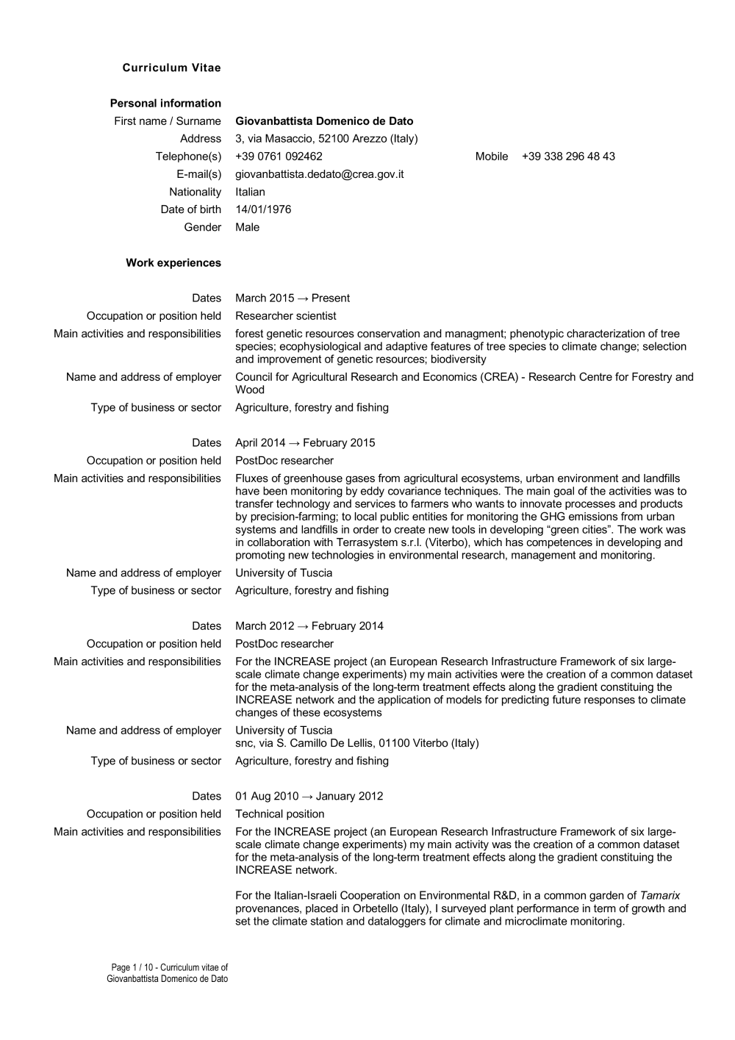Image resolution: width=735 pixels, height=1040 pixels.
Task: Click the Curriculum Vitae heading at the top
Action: tap(171, 68)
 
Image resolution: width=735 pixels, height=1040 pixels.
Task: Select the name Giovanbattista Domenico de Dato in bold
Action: tap(324, 121)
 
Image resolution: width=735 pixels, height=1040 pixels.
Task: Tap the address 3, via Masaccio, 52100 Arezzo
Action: tap(326, 139)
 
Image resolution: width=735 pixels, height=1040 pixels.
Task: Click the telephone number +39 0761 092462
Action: tap(279, 157)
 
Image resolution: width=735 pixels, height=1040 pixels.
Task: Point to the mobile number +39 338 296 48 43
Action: tap(568, 157)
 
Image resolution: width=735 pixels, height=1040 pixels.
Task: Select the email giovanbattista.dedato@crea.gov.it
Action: tap(319, 174)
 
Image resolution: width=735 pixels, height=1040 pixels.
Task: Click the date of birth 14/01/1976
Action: tap(263, 209)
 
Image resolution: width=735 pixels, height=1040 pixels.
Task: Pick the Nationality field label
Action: tap(195, 192)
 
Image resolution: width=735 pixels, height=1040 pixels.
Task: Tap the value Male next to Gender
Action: tap(247, 227)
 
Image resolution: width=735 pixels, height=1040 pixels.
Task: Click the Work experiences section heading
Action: tap(173, 262)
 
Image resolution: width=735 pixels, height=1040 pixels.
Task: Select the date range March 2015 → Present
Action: tap(293, 298)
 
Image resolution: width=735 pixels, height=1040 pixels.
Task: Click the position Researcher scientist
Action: tap(286, 316)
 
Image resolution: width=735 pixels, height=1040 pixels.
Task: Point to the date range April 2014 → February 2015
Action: tap(305, 442)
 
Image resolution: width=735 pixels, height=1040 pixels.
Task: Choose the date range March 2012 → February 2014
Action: tap(309, 626)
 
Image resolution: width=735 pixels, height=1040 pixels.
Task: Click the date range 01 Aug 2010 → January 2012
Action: tap(309, 796)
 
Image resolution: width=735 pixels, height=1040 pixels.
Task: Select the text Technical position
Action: tap(280, 814)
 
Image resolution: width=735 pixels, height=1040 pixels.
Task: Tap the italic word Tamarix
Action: tap(659, 895)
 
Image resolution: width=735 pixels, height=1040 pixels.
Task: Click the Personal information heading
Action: tap(165, 104)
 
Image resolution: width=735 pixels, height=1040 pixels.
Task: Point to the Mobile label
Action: tap(492, 157)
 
